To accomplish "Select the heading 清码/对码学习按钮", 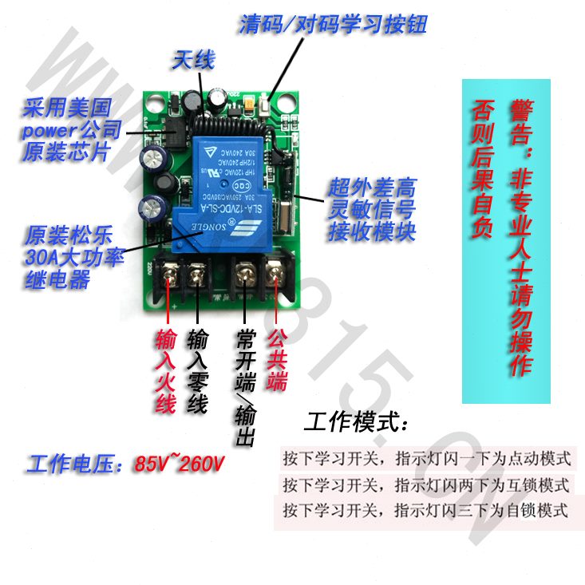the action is pyautogui.click(x=333, y=24).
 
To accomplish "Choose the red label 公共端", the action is pyautogui.click(x=276, y=361).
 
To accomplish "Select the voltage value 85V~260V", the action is pyautogui.click(x=181, y=464).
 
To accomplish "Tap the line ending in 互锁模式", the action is pyautogui.click(x=427, y=484).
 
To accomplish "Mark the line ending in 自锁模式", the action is pyautogui.click(x=427, y=510).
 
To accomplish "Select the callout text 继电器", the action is pyautogui.click(x=57, y=280).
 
